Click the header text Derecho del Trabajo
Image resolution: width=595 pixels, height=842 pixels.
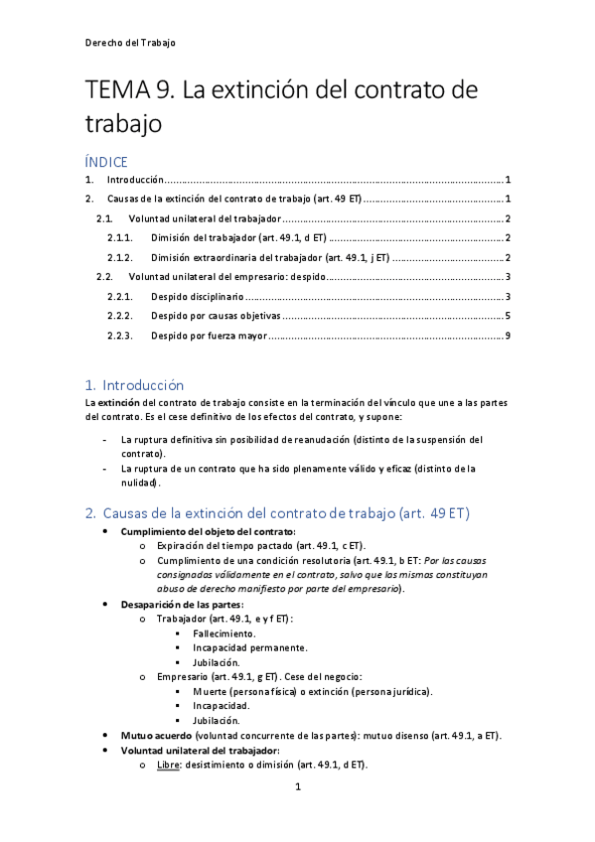point(131,43)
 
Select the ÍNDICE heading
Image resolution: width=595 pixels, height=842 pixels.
point(107,160)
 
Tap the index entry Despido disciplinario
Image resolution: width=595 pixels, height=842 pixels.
point(196,297)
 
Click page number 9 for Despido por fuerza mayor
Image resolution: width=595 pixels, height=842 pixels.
point(507,336)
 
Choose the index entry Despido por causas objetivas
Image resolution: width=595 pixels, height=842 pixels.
point(216,317)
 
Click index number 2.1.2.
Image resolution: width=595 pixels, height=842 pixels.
point(120,257)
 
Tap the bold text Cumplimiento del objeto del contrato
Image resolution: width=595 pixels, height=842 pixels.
point(208,532)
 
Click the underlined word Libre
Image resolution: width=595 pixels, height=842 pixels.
point(168,765)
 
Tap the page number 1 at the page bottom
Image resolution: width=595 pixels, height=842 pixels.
point(297,787)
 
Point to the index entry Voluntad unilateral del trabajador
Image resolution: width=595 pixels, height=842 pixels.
point(204,218)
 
